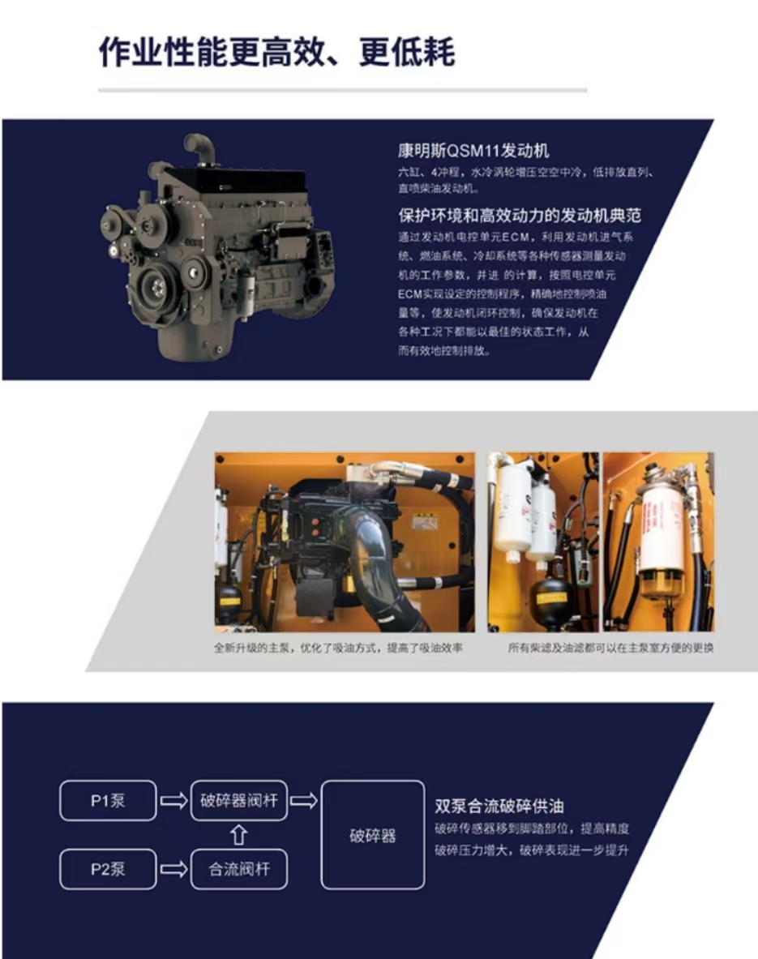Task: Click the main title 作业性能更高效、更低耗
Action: tap(276, 52)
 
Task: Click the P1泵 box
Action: tap(107, 801)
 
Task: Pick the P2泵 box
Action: tap(107, 870)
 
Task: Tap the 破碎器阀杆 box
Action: tap(238, 801)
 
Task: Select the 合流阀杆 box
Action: tap(238, 870)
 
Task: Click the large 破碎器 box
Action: tap(372, 835)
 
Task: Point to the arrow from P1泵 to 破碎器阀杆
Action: tap(173, 801)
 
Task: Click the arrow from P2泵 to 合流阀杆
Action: tap(173, 870)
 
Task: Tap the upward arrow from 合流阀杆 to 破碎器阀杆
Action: tap(238, 835)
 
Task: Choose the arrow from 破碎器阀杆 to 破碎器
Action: tap(303, 801)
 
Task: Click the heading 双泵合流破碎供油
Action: tap(499, 806)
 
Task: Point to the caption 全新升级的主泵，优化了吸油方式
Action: tap(338, 649)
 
